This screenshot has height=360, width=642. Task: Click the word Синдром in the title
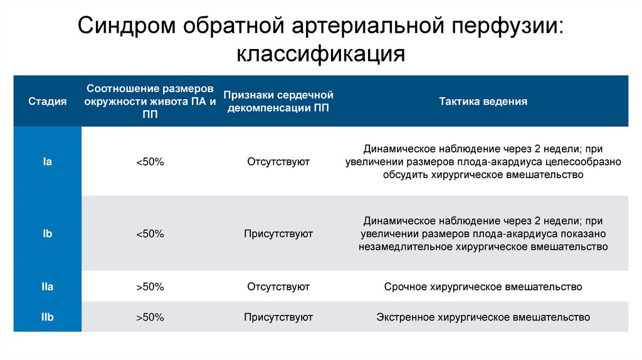tap(126, 26)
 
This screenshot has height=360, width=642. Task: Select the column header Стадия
tap(47, 101)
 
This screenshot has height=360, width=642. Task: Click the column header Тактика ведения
tap(483, 101)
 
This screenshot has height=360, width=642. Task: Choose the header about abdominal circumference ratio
tap(150, 101)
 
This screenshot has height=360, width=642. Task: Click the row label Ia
tap(47, 162)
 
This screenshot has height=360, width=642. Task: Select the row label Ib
tap(47, 233)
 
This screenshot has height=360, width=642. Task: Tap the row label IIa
tap(47, 287)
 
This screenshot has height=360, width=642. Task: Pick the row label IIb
tap(47, 317)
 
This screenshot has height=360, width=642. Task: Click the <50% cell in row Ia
tap(150, 162)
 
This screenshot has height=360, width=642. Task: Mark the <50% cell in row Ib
tap(150, 233)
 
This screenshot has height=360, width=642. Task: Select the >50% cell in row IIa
tap(150, 287)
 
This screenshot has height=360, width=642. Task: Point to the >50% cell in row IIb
tap(150, 317)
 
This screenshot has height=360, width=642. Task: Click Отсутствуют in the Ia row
tap(278, 162)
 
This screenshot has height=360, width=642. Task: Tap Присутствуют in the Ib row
tap(278, 233)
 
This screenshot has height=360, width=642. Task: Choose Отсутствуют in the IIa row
tap(278, 287)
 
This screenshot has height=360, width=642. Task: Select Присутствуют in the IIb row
tap(278, 317)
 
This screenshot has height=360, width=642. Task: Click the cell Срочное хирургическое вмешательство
tap(483, 287)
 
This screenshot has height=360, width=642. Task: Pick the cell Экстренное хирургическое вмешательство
tap(483, 317)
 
